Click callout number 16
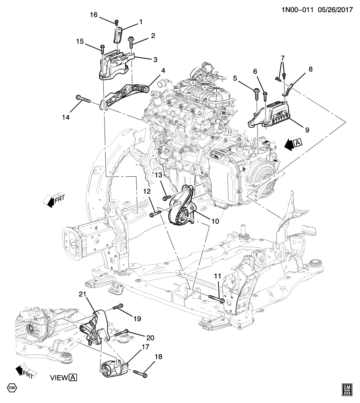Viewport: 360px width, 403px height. pos(94,15)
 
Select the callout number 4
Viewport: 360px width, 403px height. pos(163,70)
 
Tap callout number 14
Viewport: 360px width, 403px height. pos(65,117)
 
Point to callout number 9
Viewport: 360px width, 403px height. pos(307,130)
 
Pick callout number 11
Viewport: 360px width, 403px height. pos(218,276)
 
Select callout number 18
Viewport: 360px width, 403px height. pos(159,357)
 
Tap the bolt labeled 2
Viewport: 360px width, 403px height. pos(130,42)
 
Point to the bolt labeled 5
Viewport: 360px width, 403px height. pos(257,94)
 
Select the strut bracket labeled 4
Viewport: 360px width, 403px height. pos(125,95)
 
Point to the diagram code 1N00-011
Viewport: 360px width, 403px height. pos(297,10)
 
